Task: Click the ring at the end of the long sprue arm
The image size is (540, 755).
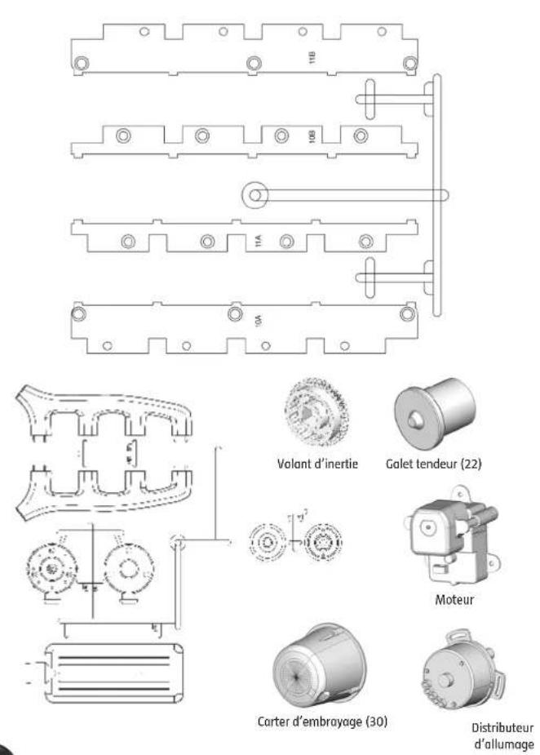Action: click(x=255, y=194)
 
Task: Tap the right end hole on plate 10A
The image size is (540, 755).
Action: click(x=405, y=314)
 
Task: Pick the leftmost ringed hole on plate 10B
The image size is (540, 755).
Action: click(x=122, y=135)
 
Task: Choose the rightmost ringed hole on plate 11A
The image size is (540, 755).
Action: click(x=365, y=240)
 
